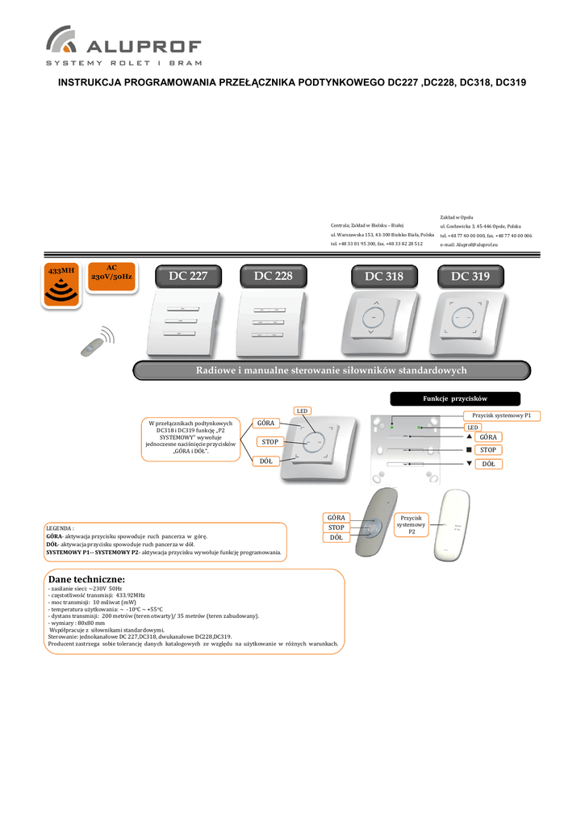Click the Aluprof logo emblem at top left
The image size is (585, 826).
[x=63, y=40]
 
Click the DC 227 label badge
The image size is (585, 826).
[x=188, y=276]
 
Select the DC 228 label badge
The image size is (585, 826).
[x=273, y=276]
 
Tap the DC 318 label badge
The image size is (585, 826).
[x=384, y=277]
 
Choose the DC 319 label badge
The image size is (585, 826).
[x=470, y=277]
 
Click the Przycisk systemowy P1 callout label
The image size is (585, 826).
[x=502, y=415]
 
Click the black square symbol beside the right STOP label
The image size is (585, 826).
[x=469, y=449]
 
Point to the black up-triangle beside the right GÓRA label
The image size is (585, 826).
[x=469, y=436]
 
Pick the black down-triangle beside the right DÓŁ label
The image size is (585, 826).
[x=469, y=464]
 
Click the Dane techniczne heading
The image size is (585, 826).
[x=86, y=579]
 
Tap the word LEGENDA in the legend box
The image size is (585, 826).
[x=60, y=527]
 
